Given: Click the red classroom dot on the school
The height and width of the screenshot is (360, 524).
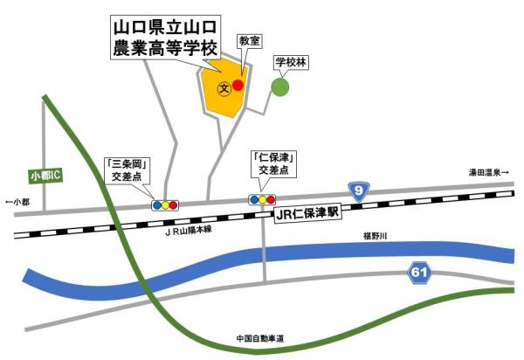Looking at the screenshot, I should (x=238, y=85).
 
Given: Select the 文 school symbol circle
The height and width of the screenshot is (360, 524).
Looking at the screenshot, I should (x=224, y=88).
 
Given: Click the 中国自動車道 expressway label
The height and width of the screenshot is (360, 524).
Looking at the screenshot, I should (x=261, y=338).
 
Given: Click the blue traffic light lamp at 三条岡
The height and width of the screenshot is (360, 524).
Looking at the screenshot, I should (x=156, y=205).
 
